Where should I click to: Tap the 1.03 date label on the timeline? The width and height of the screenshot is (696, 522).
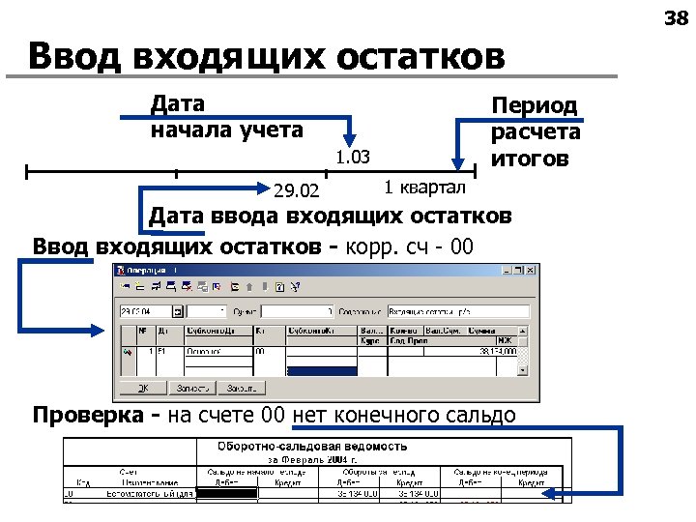click(354, 157)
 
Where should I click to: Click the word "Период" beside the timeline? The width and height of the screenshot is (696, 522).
click(534, 105)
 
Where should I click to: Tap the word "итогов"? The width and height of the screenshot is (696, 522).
click(534, 158)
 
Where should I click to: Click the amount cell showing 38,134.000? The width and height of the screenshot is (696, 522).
click(493, 353)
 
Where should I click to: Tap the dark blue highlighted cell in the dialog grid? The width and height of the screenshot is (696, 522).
click(321, 369)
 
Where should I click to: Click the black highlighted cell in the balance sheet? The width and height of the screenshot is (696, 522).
click(226, 492)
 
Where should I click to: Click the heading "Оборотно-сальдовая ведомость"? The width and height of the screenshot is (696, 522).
click(311, 446)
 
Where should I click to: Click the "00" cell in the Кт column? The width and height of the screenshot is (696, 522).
click(261, 353)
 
